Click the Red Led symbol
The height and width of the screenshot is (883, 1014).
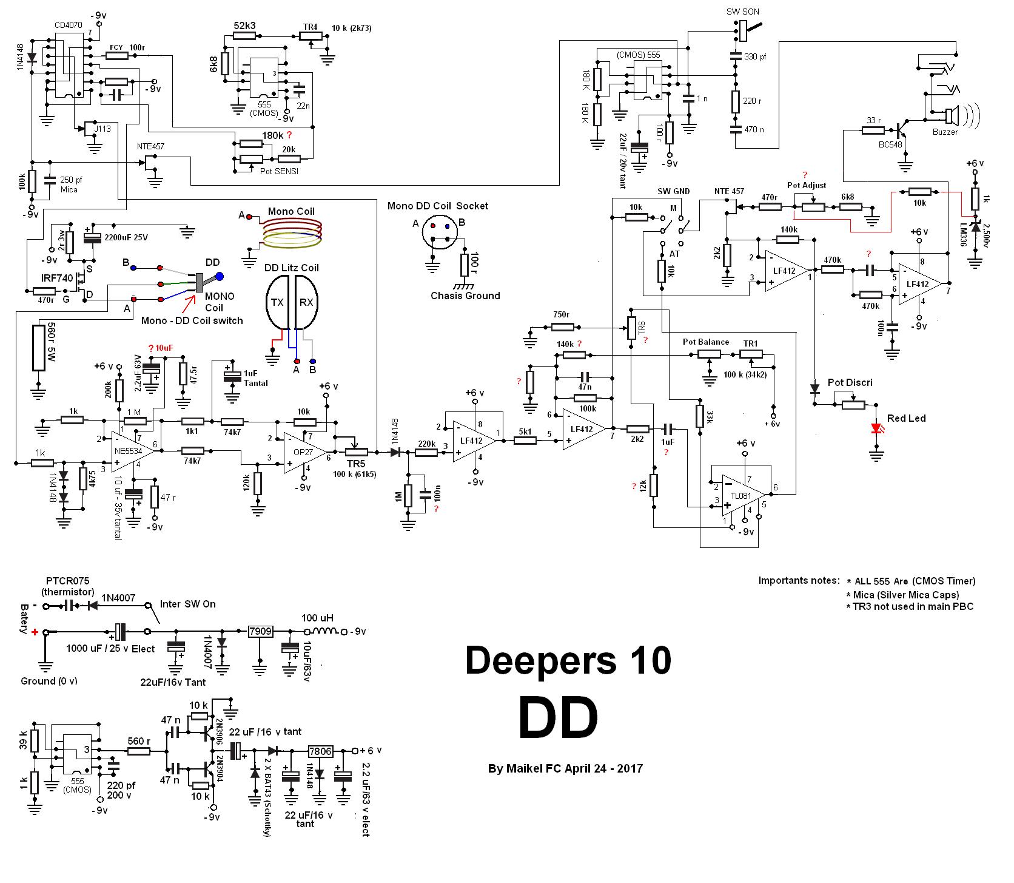pos(876,428)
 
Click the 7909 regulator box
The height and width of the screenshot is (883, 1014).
pos(260,632)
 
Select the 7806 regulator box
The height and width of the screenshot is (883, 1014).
pos(320,751)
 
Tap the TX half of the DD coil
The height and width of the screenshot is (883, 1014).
pos(278,302)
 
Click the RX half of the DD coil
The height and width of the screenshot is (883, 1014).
pos(306,302)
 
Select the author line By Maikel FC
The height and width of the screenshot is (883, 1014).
pos(565,769)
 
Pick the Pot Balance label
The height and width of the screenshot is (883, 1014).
pos(705,342)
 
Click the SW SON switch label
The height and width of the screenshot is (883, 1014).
pos(742,12)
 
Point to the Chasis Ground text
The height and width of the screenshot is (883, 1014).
pos(465,296)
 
